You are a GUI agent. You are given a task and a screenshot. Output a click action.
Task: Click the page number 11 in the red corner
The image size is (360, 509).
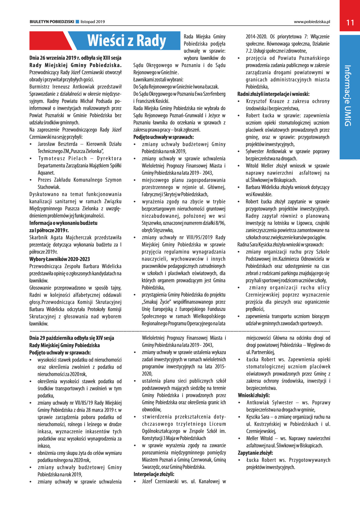[350, 23]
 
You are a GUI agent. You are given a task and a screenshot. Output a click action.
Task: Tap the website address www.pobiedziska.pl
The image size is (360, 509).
[312, 22]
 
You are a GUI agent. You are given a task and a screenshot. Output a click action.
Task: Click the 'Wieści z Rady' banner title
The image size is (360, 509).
[126, 41]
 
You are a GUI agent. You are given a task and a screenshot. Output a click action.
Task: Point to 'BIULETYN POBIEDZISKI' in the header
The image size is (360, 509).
[52, 22]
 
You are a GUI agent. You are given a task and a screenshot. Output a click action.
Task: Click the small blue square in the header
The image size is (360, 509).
[77, 22]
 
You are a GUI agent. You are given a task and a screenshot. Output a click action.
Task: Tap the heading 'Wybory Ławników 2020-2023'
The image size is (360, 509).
[59, 259]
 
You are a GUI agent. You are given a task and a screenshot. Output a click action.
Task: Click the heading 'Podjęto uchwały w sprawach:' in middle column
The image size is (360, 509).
[163, 137]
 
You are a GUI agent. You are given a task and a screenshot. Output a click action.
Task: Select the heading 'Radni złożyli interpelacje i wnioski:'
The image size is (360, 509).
[273, 94]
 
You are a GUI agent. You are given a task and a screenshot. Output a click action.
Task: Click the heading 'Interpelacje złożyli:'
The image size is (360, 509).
[154, 474]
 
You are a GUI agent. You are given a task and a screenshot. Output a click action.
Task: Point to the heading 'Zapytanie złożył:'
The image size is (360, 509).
[255, 453]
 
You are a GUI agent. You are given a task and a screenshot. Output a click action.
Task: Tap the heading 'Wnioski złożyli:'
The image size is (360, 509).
[254, 395]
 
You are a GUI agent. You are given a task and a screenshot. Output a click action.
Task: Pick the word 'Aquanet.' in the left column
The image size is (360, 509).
[46, 173]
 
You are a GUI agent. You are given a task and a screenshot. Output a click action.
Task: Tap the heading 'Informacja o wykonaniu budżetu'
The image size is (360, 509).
[63, 223]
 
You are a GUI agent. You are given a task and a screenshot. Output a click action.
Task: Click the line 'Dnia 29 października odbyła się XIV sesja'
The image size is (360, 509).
[72, 338]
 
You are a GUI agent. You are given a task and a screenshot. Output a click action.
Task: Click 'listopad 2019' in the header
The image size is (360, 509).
[93, 22]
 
